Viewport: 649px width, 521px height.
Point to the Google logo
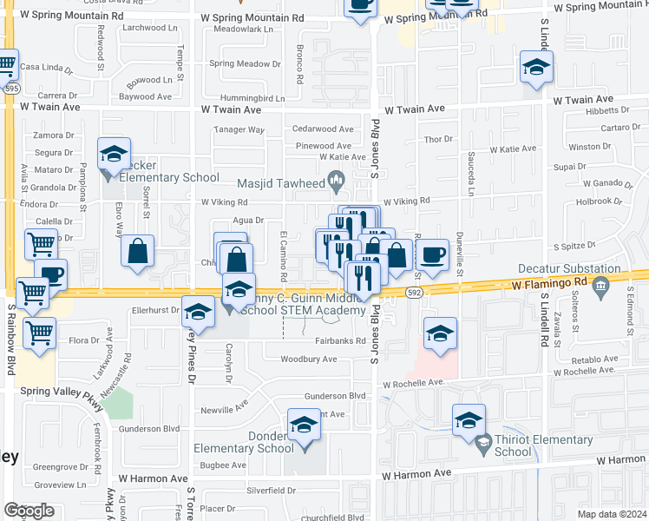point(29,511)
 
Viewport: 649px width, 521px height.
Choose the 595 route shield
point(11,89)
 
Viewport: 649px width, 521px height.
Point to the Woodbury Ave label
point(308,359)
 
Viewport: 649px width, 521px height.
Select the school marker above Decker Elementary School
point(113,154)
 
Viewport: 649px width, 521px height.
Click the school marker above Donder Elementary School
point(304,425)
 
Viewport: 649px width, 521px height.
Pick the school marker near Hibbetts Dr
point(536,67)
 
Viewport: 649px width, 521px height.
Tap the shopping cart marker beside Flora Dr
point(39,332)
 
